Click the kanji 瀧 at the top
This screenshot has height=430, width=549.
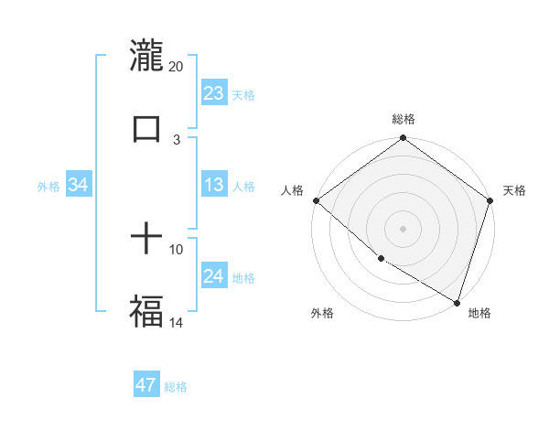pyautogui.click(x=146, y=55)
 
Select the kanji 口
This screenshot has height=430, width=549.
pyautogui.click(x=146, y=129)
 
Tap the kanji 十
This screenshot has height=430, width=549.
pyautogui.click(x=146, y=240)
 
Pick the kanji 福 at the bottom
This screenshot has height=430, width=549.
pyautogui.click(x=146, y=311)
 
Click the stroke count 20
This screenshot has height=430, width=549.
pyautogui.click(x=177, y=67)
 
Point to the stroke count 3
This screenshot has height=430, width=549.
pyautogui.click(x=177, y=140)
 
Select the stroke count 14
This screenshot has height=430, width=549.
pyautogui.click(x=177, y=323)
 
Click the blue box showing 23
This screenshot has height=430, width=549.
pyautogui.click(x=214, y=93)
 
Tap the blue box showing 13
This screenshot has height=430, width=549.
pyautogui.click(x=214, y=185)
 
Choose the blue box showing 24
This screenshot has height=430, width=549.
pyautogui.click(x=214, y=276)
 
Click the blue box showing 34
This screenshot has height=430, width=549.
pyautogui.click(x=79, y=185)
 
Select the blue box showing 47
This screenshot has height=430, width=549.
pyautogui.click(x=146, y=385)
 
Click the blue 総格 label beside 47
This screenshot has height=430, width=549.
pyautogui.click(x=176, y=387)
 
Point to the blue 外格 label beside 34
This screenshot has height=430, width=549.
pyautogui.click(x=48, y=187)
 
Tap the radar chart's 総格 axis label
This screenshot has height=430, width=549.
pyautogui.click(x=404, y=119)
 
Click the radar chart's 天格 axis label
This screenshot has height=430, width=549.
pyautogui.click(x=514, y=190)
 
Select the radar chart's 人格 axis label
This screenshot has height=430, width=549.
pyautogui.click(x=292, y=190)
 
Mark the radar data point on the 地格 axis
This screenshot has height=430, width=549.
pyautogui.click(x=457, y=302)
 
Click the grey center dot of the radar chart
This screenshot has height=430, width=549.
pyautogui.click(x=403, y=228)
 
